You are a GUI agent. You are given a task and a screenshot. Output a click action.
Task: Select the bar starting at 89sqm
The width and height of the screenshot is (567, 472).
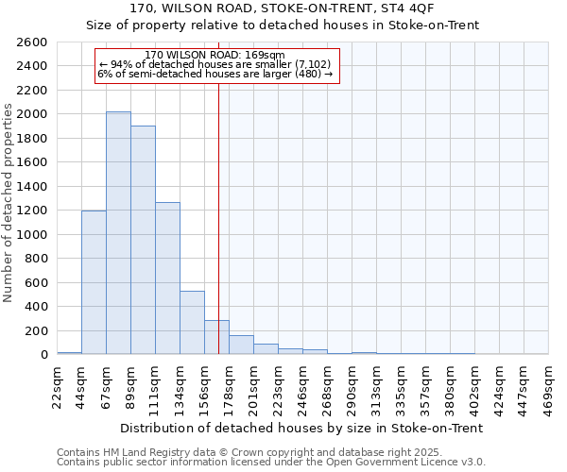coord(143,240)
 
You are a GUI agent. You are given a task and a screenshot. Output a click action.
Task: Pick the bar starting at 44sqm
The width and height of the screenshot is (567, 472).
coord(94,282)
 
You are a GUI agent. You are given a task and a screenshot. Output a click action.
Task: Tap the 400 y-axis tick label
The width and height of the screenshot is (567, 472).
coord(39,307)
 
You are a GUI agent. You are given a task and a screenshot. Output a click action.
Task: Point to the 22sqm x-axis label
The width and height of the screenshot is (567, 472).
coord(58,385)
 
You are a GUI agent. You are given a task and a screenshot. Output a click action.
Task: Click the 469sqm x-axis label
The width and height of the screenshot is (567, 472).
coord(549,385)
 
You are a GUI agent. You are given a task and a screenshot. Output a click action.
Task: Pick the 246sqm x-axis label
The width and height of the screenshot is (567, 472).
coord(302,385)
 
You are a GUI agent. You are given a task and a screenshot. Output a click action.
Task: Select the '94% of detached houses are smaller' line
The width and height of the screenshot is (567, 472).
coord(215,64)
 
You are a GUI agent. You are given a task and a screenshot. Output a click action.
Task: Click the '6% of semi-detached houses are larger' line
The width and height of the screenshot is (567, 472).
coord(215,74)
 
